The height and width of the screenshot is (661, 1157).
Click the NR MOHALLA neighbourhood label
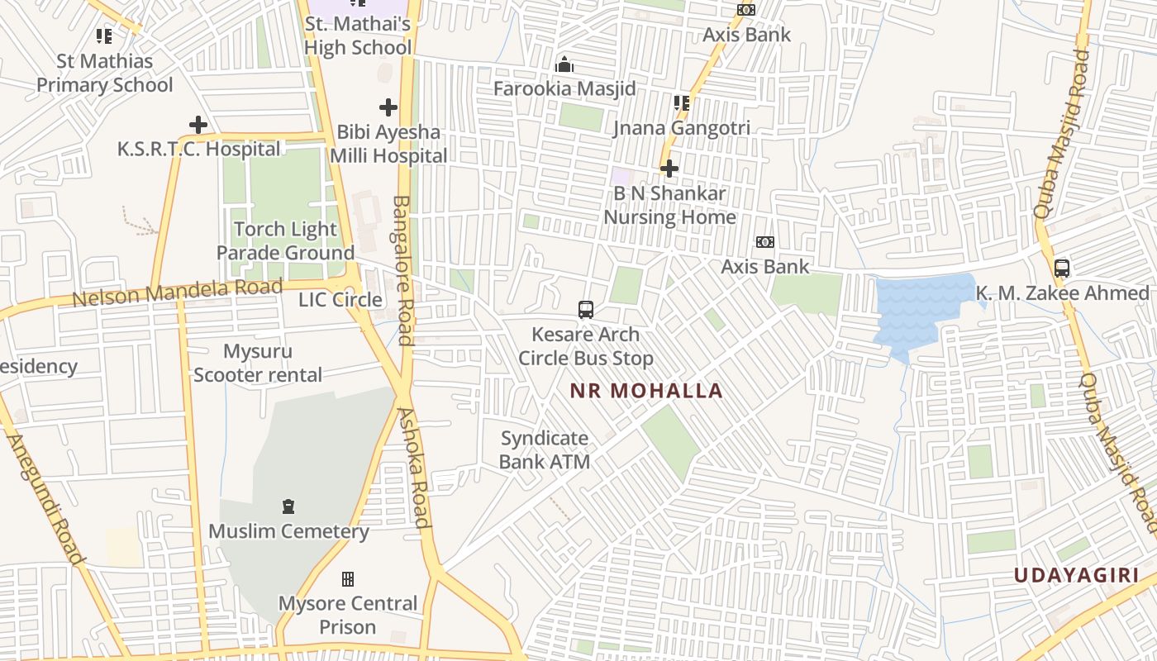pos(646,391)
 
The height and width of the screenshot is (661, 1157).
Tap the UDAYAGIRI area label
pos(1076,575)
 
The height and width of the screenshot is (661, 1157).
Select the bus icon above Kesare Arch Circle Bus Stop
pos(586,310)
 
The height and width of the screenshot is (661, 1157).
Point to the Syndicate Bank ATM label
pos(545,449)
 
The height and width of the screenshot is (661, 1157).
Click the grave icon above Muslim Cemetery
pos(288,506)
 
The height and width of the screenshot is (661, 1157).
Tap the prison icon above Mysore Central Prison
pos(348,578)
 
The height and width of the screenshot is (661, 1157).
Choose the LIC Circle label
pos(340,299)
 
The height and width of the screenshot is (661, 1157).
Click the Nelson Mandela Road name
pos(177,292)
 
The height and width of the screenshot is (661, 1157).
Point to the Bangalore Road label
pos(403,269)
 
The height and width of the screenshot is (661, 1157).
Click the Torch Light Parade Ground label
pos(285,240)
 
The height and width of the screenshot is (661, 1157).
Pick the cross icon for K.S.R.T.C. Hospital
pos(198,125)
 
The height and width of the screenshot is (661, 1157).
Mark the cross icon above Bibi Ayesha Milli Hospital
pos(388,107)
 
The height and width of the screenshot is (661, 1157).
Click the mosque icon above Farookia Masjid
pos(564,64)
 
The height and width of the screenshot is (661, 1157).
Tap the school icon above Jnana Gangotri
pos(682,103)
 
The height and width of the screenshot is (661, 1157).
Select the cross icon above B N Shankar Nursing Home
pos(669,169)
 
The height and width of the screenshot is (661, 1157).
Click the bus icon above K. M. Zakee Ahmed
pos(1062,269)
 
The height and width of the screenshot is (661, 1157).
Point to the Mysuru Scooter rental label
pos(257,363)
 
